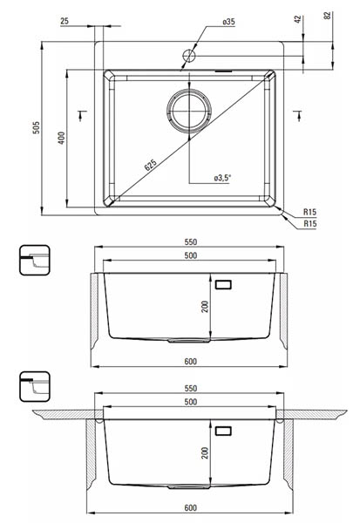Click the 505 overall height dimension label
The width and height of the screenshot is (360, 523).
pyautogui.click(x=36, y=128)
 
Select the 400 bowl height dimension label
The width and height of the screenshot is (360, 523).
pyautogui.click(x=61, y=138)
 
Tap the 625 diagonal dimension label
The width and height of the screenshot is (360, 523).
pyautogui.click(x=151, y=165)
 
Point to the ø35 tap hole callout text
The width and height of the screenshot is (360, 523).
pyautogui.click(x=228, y=22)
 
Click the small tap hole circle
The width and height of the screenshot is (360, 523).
pyautogui.click(x=188, y=56)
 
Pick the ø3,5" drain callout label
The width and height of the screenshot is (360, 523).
pyautogui.click(x=222, y=178)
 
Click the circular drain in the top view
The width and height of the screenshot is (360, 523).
pyautogui.click(x=189, y=111)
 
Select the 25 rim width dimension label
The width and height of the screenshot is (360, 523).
pyautogui.click(x=65, y=21)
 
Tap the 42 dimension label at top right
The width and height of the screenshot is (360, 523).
pyautogui.click(x=298, y=19)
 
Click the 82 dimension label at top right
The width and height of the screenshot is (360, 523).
pyautogui.click(x=327, y=15)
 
